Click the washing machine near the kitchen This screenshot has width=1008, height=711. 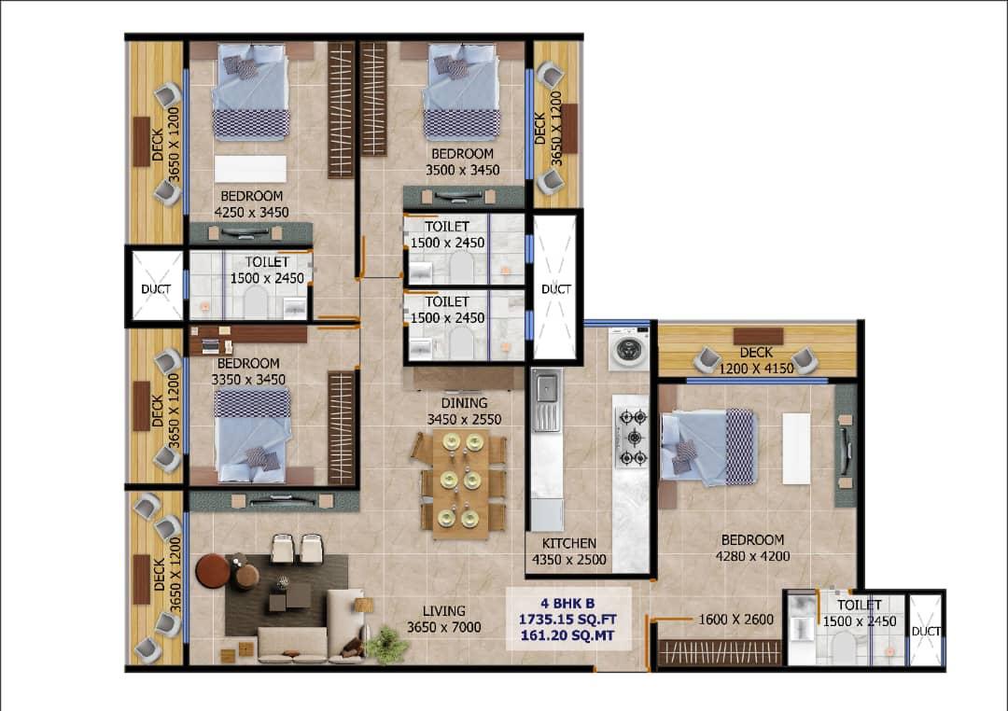tap(629, 349)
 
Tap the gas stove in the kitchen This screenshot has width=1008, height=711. tap(633, 438)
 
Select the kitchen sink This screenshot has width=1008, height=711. tap(546, 400)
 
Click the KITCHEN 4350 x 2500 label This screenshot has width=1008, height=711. tap(569, 551)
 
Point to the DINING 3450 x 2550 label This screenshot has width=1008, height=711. tap(464, 411)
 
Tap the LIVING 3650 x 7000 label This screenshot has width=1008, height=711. tap(443, 619)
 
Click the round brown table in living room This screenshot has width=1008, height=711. tap(213, 571)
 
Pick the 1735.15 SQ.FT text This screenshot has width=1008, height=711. tap(567, 620)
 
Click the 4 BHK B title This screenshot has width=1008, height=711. tap(567, 604)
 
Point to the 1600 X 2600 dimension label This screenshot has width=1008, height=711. tap(735, 619)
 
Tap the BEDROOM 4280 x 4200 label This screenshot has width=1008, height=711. tap(753, 548)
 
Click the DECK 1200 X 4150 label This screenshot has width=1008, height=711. tap(756, 361)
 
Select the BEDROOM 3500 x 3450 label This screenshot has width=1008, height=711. tap(462, 161)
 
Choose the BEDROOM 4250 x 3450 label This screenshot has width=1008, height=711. tap(251, 203)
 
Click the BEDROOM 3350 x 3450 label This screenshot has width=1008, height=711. tap(248, 371)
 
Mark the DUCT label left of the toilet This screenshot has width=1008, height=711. tap(156, 289)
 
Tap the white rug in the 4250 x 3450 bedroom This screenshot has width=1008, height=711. tap(250, 169)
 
